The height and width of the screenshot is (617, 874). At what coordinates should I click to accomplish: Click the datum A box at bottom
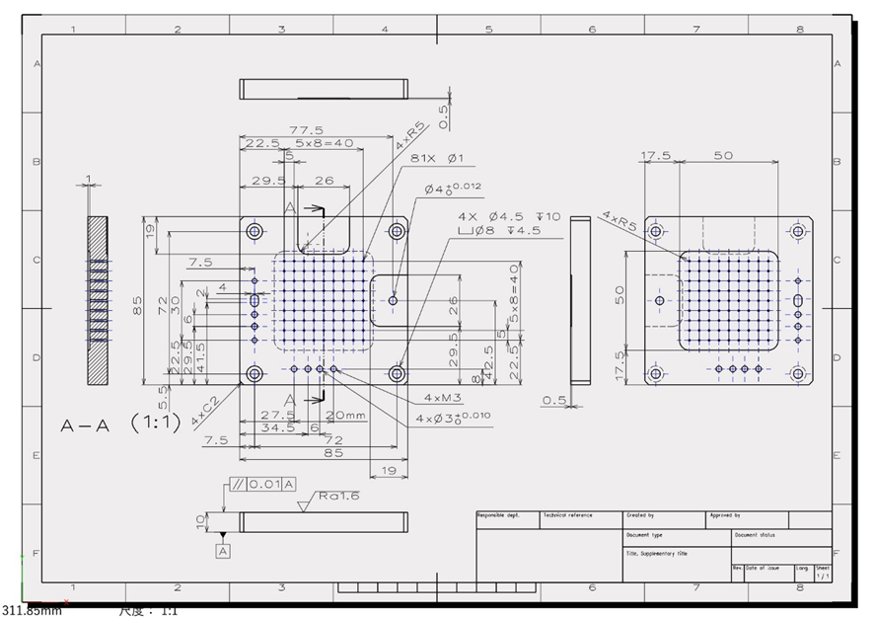point(224,550)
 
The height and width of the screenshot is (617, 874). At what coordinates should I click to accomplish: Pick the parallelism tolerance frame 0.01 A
point(261,484)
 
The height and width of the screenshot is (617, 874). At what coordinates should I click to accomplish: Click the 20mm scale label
point(346,415)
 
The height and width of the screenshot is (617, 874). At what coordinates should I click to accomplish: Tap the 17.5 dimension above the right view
point(656,156)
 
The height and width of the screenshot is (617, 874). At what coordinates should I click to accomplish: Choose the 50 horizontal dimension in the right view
point(723,156)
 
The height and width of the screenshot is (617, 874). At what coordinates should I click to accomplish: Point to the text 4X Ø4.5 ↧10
point(508,216)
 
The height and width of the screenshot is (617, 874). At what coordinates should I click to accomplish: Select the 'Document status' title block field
point(755,534)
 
